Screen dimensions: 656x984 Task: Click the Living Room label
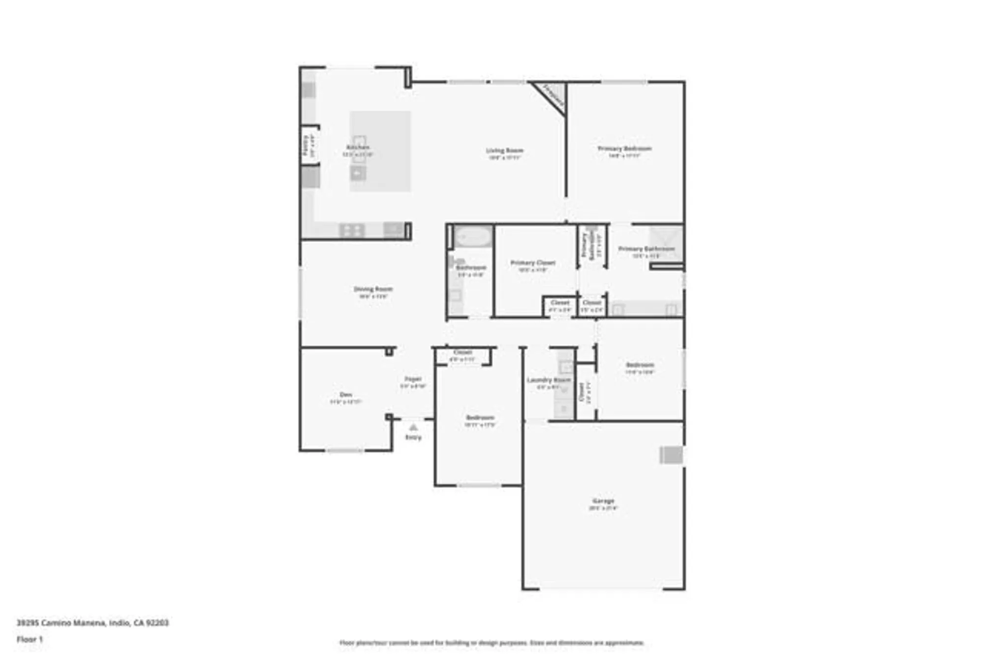pos(504,150)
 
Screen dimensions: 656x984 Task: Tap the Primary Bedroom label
pos(624,149)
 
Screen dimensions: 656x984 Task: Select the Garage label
pos(603,501)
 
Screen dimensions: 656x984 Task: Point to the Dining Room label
pos(373,289)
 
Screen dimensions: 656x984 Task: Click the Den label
pos(346,394)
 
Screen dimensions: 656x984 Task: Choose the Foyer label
pos(413,379)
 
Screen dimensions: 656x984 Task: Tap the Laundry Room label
pos(549,380)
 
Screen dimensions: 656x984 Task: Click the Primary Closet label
pos(533,263)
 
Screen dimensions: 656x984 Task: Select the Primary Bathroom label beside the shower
pos(646,249)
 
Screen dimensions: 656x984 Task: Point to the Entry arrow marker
pos(413,427)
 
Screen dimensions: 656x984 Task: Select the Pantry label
pos(306,146)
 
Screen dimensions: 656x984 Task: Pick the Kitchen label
pos(358,147)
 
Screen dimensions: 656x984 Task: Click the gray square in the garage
pos(671,455)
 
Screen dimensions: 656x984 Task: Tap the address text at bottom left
pos(92,623)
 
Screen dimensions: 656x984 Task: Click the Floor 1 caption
pos(30,639)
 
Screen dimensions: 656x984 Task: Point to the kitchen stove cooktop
pos(352,230)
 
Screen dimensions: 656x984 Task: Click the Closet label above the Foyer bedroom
pos(462,352)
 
